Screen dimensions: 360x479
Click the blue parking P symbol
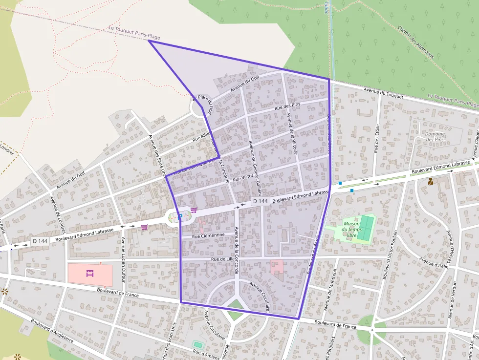[x=180, y=215]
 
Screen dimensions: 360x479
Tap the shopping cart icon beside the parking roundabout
[x=194, y=210]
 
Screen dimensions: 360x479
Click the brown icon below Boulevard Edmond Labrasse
[x=431, y=181]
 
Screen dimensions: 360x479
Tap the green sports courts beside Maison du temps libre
[x=365, y=228]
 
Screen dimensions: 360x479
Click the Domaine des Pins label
[x=435, y=137]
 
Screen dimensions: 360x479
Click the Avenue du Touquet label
[x=384, y=93]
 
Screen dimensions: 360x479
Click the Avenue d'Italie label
[x=435, y=265]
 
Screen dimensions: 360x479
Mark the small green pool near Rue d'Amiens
[x=197, y=344]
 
